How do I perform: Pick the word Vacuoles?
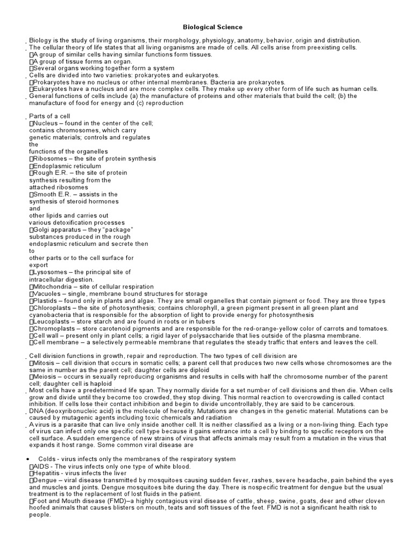pos(47,294)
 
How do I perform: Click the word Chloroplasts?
pos(52,308)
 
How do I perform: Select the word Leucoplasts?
pos(51,322)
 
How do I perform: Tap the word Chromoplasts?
pos(54,329)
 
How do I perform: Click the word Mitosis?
pos(44,363)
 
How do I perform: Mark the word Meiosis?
pos(45,377)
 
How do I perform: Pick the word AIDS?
pos(41,466)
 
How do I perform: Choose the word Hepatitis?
pos(46,473)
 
